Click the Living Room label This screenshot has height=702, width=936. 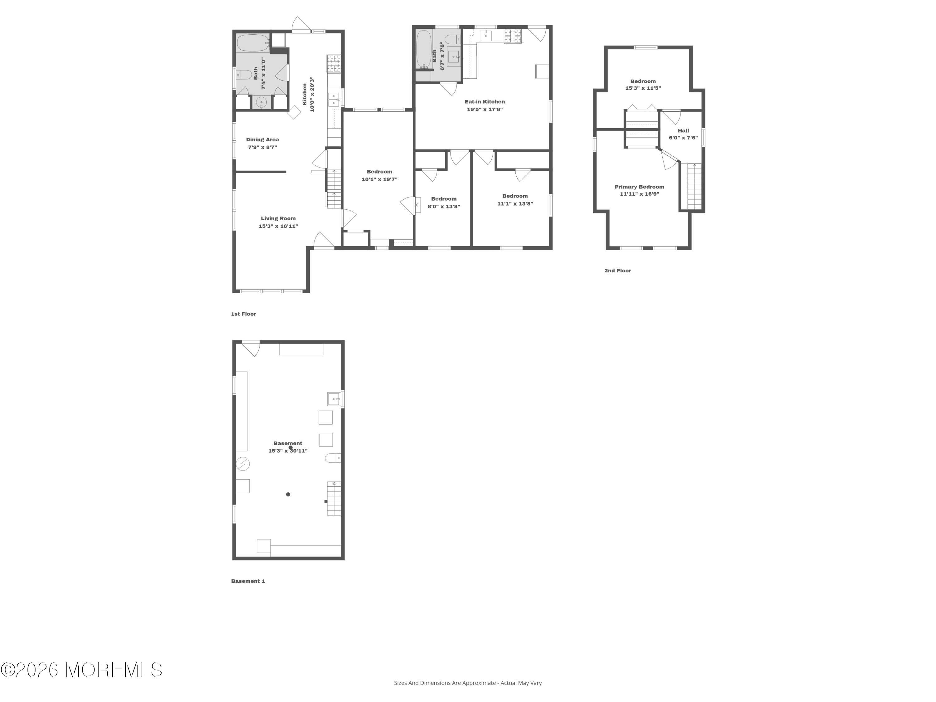(278, 218)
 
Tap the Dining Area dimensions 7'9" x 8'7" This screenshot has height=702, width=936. (262, 147)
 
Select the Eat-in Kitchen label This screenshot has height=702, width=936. (485, 101)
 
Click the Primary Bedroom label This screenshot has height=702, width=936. (639, 187)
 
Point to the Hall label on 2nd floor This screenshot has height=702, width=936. (683, 131)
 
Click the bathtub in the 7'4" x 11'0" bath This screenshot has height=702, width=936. (253, 43)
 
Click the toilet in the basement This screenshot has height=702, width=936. (333, 458)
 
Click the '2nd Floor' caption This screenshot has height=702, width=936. (617, 271)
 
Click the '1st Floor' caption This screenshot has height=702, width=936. (243, 314)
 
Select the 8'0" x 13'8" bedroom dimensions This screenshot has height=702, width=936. (443, 207)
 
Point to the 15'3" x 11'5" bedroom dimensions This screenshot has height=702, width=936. (643, 88)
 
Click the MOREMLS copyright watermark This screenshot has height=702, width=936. (81, 670)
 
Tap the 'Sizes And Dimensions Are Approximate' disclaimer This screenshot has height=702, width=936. (468, 683)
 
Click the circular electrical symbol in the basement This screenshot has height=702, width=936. (243, 464)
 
